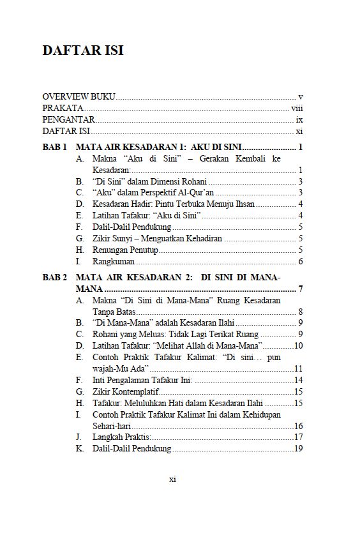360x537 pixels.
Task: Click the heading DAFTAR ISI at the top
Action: coord(83,50)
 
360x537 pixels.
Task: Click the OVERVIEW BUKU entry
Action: coord(79,96)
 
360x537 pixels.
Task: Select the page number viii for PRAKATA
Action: coord(296,108)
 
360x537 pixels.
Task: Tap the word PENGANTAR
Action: coord(68,119)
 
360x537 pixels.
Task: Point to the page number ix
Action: coord(299,119)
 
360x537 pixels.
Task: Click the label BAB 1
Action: coord(55,147)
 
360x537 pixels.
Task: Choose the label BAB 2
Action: coord(55,278)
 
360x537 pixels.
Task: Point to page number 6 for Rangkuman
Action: coord(299,261)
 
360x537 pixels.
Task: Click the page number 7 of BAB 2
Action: coord(299,290)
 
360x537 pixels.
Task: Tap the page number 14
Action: coord(297,380)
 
